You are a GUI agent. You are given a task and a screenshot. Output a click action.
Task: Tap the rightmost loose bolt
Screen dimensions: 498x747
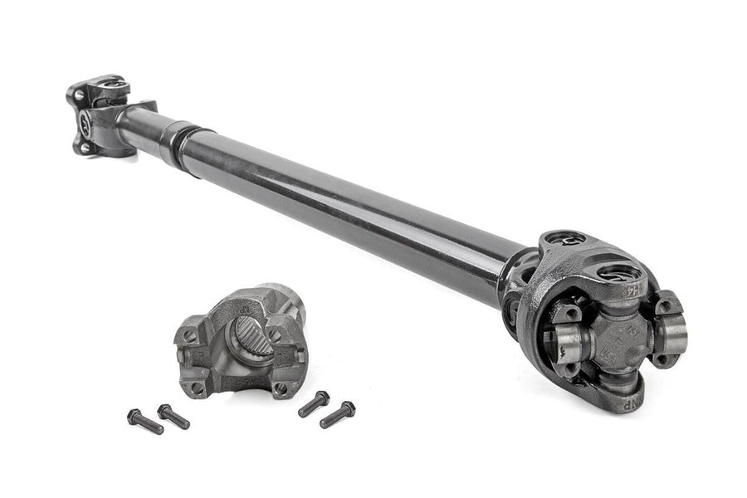tap(338, 413)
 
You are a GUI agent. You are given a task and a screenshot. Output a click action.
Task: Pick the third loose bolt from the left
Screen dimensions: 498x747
tap(314, 403)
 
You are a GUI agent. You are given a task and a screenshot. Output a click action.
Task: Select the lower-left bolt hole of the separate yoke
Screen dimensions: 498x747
tap(198, 386)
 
